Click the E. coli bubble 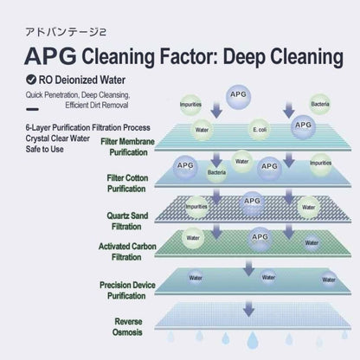[x=260, y=130]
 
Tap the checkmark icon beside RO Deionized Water [x=31, y=80]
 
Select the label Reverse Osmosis [x=127, y=327]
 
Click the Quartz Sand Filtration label [x=127, y=221]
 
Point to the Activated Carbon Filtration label [x=127, y=252]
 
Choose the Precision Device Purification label [x=127, y=290]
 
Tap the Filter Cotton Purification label [x=127, y=183]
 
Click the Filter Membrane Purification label [x=127, y=147]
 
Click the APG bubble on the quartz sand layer [x=252, y=202]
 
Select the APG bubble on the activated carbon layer [x=260, y=239]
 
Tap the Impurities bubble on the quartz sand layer [x=196, y=207]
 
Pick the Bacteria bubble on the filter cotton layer [x=216, y=172]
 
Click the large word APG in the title [x=50, y=56]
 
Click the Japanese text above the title [x=66, y=32]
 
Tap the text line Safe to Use [x=44, y=149]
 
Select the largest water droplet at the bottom [x=253, y=340]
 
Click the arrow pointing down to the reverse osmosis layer [x=248, y=309]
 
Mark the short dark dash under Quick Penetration [x=32, y=109]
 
